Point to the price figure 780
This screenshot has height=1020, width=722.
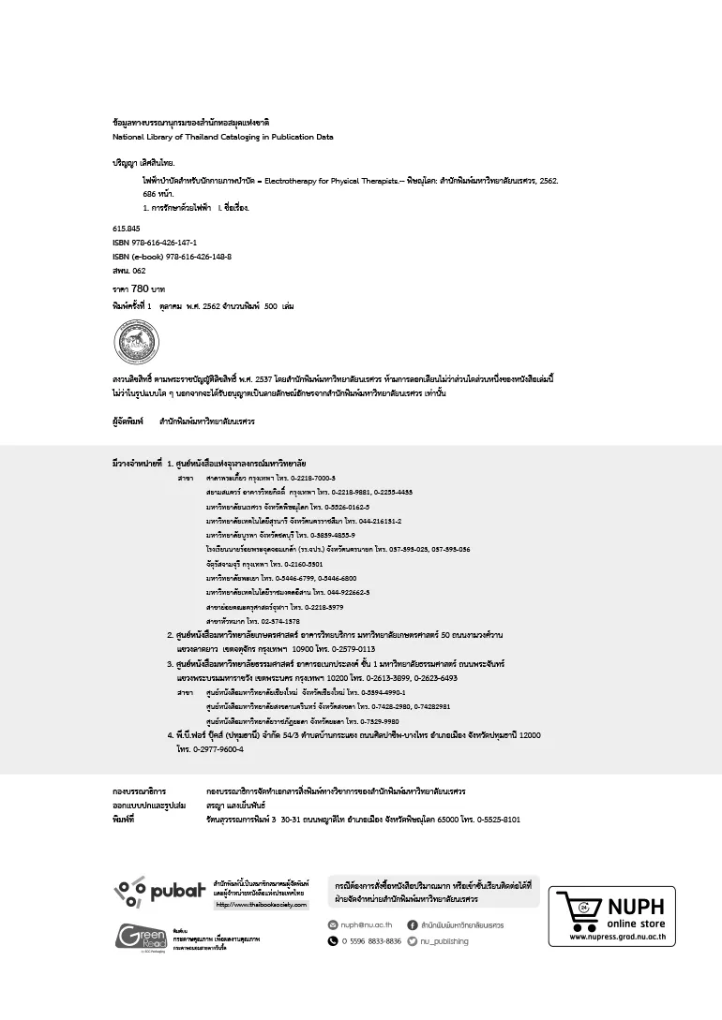pos(142,289)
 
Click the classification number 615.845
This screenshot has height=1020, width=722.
pos(127,228)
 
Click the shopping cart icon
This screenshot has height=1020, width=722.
pos(578,909)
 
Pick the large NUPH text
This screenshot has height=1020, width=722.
pos(636,907)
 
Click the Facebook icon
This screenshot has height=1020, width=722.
pos(413,924)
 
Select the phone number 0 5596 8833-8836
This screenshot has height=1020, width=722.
pos(371,941)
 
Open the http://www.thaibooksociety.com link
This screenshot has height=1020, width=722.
pos(263,905)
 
